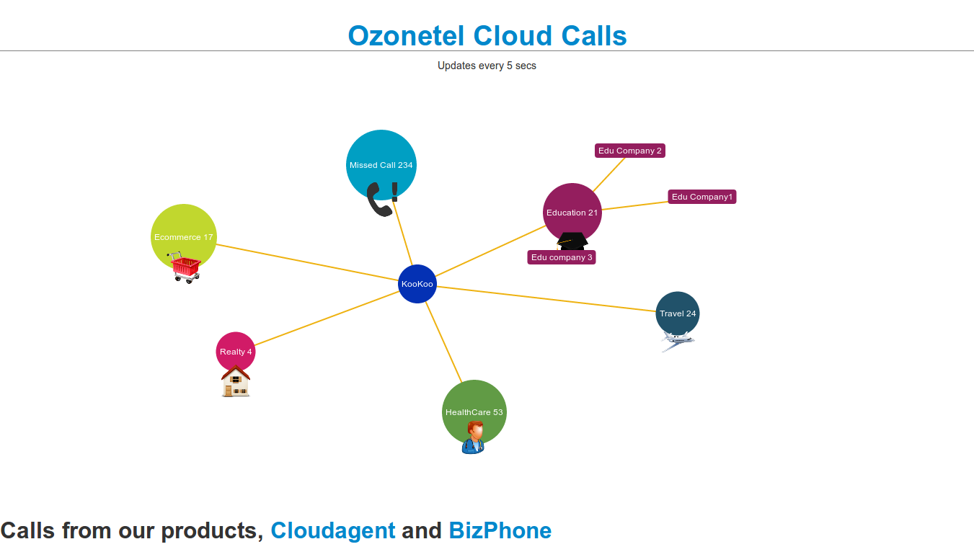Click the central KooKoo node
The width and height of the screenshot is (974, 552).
(417, 284)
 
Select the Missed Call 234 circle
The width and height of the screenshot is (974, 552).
(381, 160)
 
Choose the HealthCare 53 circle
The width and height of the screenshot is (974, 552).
(474, 408)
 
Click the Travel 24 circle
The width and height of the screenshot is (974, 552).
(677, 313)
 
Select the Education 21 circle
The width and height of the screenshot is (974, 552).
(572, 210)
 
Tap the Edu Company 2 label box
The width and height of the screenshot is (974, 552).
(629, 151)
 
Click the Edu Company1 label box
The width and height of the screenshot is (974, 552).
(701, 197)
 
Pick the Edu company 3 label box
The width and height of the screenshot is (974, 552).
(562, 257)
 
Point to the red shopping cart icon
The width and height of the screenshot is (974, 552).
(185, 267)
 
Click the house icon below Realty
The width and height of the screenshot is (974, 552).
(236, 382)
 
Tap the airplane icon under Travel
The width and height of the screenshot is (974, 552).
(678, 341)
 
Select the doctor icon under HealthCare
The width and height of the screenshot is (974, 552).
(473, 438)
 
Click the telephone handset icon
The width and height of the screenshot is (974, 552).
(378, 200)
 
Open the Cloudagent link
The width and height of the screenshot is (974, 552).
(332, 531)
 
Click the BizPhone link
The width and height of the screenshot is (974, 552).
(500, 531)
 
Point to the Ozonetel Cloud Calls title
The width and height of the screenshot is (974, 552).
(487, 35)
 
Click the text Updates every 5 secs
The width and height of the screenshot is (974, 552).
(487, 66)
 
